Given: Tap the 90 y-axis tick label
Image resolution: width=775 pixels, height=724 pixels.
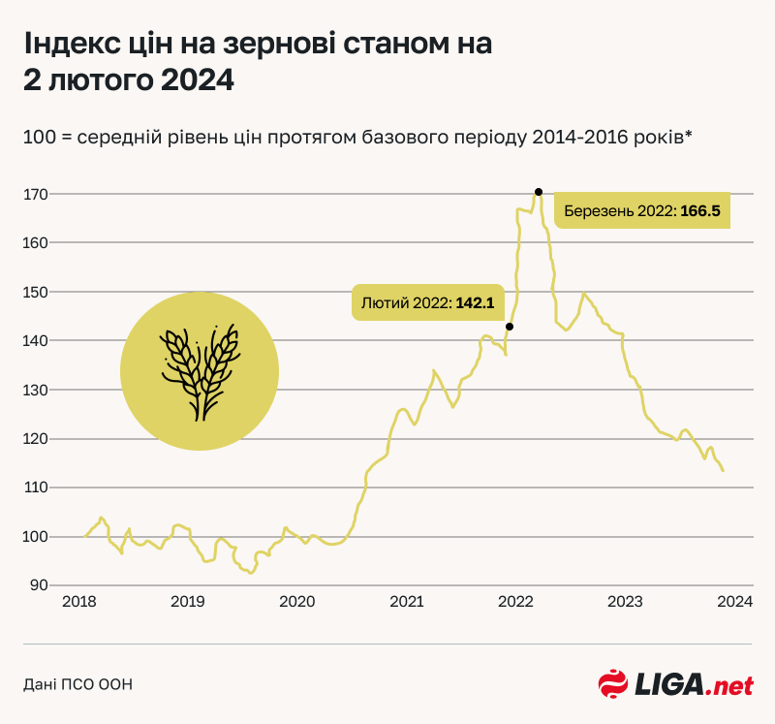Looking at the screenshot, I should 39,585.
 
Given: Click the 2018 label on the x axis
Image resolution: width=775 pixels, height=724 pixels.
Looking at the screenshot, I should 78,602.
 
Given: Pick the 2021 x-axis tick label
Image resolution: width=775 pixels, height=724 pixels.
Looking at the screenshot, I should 407,602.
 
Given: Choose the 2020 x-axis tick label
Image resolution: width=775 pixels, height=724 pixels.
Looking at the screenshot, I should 297,602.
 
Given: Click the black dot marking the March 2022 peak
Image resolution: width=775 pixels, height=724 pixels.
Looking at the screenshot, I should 539,192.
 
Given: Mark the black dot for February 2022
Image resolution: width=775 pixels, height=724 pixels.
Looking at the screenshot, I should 510,327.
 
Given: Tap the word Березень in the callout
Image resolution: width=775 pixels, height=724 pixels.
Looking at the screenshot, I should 596,210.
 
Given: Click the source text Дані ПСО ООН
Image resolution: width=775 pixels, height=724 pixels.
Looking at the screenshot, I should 77,684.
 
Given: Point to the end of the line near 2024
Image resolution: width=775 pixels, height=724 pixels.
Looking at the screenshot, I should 724,470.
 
